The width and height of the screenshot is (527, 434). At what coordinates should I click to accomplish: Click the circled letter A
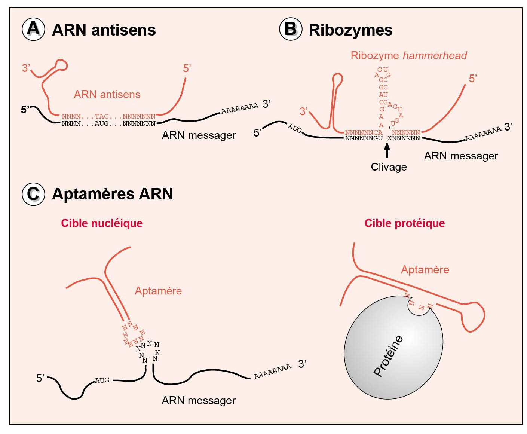click(x=33, y=29)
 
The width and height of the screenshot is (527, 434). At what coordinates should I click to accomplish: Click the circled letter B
click(x=291, y=29)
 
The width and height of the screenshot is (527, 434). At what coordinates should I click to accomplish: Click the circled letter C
click(x=33, y=194)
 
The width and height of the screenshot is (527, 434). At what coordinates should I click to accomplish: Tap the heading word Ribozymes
click(x=350, y=30)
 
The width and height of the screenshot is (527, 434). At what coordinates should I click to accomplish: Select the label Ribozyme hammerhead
click(x=408, y=56)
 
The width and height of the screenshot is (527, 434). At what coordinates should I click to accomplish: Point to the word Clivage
click(x=389, y=167)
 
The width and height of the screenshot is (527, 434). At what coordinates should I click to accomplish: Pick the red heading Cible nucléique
click(x=102, y=223)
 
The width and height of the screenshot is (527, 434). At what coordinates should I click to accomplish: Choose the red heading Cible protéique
click(x=405, y=223)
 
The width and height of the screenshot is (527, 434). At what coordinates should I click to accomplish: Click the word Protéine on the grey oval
click(x=388, y=355)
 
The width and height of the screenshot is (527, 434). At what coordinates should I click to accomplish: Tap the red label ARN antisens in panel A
click(x=107, y=94)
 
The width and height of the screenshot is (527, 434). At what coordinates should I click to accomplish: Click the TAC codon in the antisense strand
click(x=101, y=117)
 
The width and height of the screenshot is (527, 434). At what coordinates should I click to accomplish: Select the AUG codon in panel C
click(x=102, y=380)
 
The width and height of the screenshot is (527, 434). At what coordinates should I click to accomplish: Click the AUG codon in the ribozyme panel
click(x=295, y=128)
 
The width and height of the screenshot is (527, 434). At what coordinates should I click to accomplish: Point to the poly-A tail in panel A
click(x=240, y=108)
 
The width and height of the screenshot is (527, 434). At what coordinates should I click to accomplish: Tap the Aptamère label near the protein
click(x=425, y=270)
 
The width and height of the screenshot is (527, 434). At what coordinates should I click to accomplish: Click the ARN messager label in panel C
click(x=199, y=400)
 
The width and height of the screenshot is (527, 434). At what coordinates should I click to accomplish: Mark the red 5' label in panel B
click(x=473, y=79)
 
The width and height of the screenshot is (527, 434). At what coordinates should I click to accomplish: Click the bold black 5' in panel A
click(x=25, y=110)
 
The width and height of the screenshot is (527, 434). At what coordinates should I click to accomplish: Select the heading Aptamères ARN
click(x=113, y=194)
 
